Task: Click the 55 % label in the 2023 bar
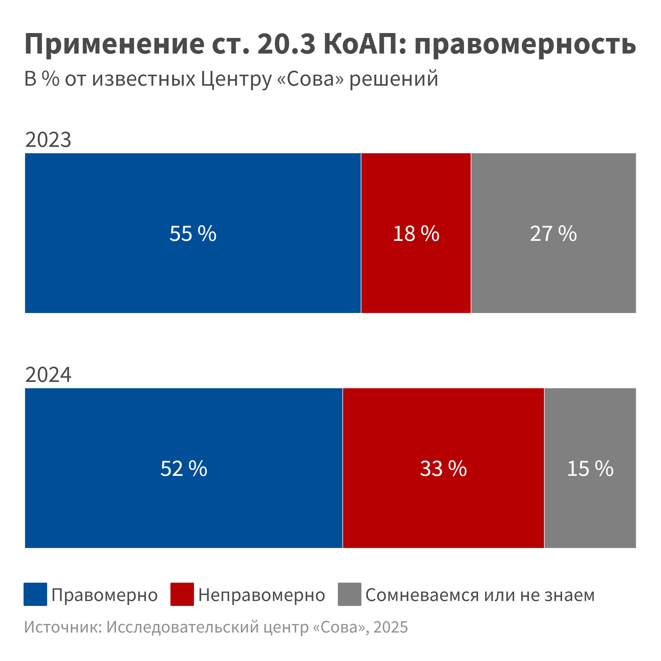[192, 234]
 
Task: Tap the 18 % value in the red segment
[416, 234]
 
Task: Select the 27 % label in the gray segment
[553, 234]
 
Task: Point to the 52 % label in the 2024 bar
[184, 469]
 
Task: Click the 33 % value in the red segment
[443, 469]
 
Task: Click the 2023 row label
[48, 140]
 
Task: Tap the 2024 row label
[48, 375]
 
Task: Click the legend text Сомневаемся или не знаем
[480, 595]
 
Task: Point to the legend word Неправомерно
[262, 595]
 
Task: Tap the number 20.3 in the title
[286, 44]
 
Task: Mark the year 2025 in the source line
[391, 627]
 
